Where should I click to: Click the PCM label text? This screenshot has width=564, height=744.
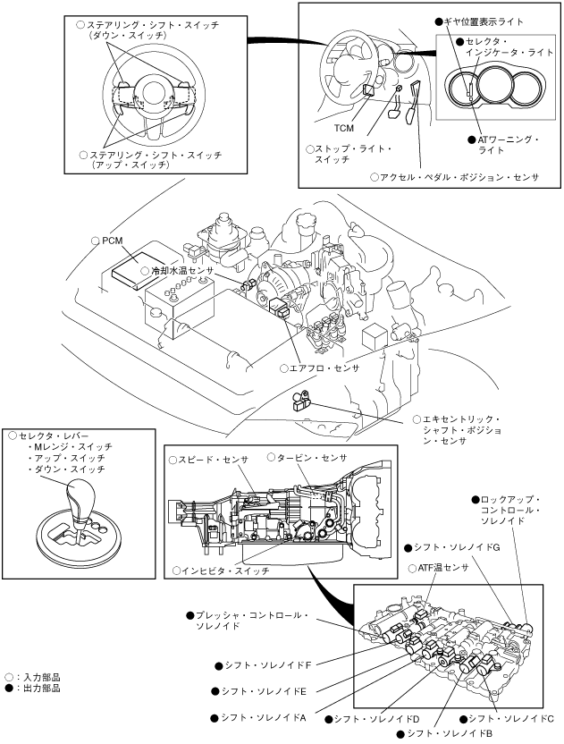112,241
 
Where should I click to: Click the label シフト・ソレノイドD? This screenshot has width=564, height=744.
376,719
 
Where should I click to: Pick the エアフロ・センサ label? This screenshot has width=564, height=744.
324,368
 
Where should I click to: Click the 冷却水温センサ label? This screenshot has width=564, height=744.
183,270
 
